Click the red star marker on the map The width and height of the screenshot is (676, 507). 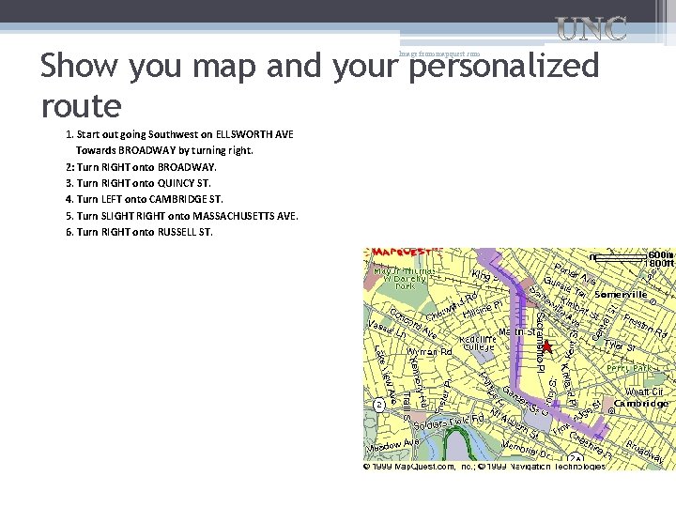coord(546,346)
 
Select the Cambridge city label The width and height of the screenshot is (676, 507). coord(642,403)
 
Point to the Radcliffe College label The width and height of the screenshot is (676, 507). coord(479,343)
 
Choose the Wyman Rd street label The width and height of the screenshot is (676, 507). coord(430,352)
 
